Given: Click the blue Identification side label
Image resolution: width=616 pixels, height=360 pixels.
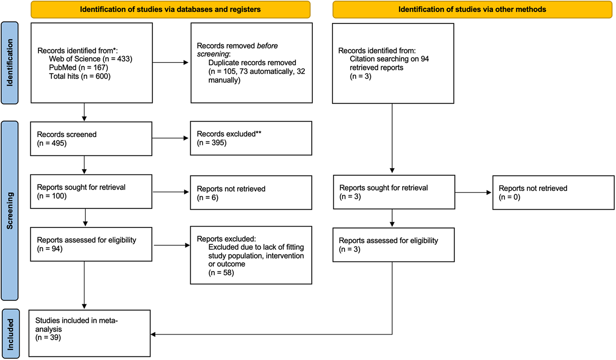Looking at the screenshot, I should (x=10, y=63).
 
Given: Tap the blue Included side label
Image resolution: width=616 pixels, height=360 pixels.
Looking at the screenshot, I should (x=11, y=334).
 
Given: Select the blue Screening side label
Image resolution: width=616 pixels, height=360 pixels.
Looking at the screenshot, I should (x=10, y=211).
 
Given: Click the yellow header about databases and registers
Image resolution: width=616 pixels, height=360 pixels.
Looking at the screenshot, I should (x=170, y=9).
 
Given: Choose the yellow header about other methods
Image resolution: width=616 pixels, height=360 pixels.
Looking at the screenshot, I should (x=472, y=9).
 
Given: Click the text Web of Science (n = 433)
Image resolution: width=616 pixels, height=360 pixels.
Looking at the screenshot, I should (x=90, y=59).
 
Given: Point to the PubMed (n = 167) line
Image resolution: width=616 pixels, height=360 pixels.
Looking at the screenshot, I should (x=78, y=68).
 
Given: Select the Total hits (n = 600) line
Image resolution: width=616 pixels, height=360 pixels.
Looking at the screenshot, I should (x=80, y=76).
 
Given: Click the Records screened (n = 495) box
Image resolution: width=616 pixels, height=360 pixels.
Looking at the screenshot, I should (x=91, y=139).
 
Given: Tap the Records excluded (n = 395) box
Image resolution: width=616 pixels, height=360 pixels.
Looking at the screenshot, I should (x=251, y=138).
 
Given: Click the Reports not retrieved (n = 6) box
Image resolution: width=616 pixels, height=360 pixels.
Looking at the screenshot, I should (x=251, y=193).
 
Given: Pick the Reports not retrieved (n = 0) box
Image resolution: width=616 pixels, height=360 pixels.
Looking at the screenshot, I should (x=553, y=192).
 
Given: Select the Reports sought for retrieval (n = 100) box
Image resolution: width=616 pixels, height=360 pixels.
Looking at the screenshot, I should (x=91, y=192).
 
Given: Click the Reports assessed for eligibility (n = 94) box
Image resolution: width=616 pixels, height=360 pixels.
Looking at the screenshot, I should (x=91, y=244).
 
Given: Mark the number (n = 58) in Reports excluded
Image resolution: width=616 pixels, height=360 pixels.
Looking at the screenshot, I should (x=221, y=273).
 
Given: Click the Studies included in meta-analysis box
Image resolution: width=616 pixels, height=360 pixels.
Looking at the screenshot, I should (x=90, y=333).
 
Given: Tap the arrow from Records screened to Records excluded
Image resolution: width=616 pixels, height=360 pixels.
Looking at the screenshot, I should (x=170, y=138).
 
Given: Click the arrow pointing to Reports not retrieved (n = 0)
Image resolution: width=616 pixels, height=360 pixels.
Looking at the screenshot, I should (x=473, y=192).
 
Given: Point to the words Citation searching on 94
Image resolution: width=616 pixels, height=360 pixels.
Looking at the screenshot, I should (x=389, y=59).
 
